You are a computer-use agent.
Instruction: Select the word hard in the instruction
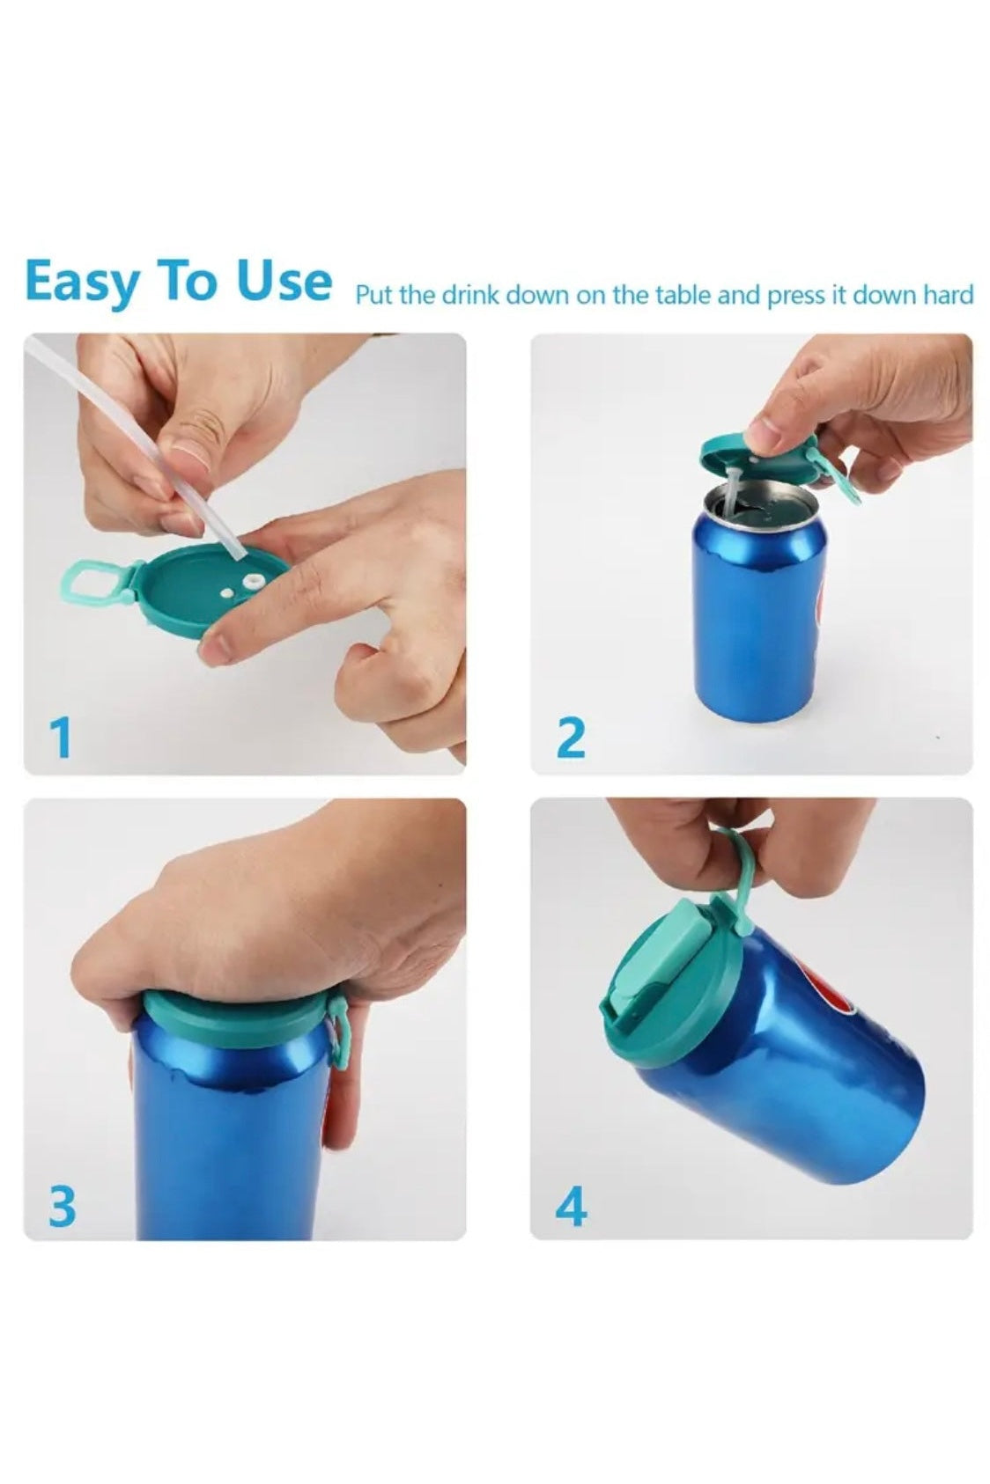click(946, 293)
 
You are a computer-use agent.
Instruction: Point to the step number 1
click(61, 738)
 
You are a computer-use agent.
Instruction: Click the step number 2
click(571, 738)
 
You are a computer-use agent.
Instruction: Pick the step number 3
click(63, 1203)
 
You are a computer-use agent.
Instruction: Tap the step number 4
click(571, 1203)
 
